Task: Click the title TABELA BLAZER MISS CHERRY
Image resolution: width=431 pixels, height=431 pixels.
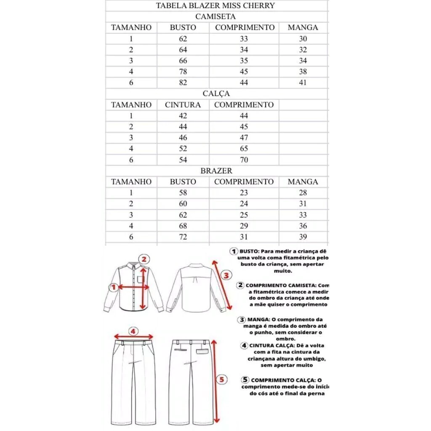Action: (215, 5)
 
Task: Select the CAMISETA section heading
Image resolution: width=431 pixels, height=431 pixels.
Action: (215, 17)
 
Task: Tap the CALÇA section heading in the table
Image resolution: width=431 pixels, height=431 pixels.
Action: (215, 93)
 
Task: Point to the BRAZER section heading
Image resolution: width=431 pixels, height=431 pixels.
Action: (216, 171)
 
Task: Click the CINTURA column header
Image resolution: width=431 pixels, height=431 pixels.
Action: (183, 105)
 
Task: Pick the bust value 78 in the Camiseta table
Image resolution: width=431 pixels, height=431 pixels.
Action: (183, 72)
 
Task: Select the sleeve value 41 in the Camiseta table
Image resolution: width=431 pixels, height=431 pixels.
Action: (303, 82)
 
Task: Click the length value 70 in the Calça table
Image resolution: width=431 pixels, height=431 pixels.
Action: (244, 160)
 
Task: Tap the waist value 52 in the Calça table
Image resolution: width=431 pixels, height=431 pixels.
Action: (183, 149)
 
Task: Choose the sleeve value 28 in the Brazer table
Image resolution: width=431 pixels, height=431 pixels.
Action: (303, 193)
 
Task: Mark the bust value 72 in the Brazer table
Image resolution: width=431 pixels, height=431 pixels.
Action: (183, 237)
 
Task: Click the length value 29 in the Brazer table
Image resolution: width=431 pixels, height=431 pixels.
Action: (244, 226)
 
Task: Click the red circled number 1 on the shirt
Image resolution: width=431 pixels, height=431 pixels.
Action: (113, 287)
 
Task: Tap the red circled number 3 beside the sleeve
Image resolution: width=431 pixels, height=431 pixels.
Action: (226, 276)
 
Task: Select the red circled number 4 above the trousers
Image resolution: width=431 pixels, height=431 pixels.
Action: (133, 331)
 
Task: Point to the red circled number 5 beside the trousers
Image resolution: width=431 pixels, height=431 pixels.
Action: (223, 380)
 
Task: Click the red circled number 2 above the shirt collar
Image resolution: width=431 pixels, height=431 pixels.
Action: (144, 259)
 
